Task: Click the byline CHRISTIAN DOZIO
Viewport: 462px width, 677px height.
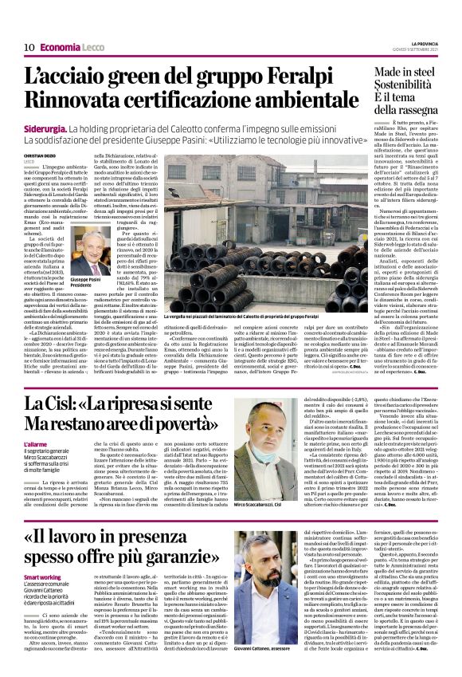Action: click(x=40, y=156)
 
